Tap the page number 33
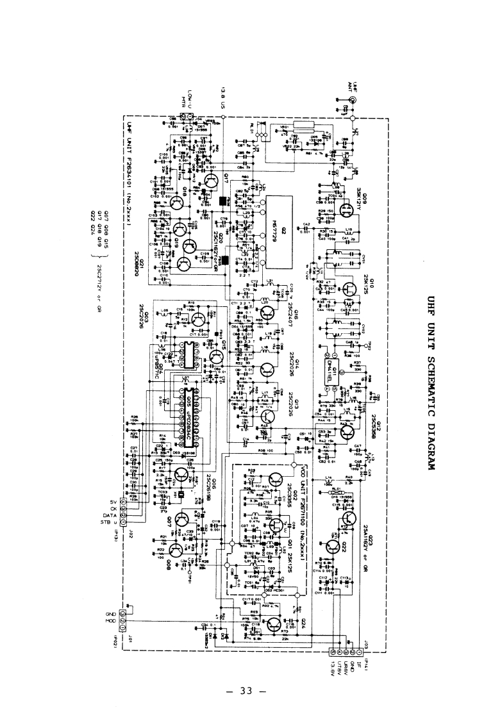pyautogui.click(x=246, y=691)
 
